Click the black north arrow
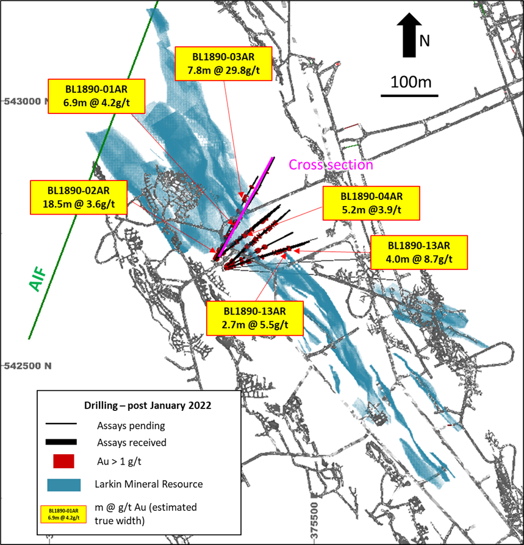(x=409, y=35)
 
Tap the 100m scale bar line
(x=409, y=95)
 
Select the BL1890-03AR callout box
(x=223, y=63)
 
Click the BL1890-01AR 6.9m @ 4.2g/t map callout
(x=96, y=96)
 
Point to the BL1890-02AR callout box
(x=79, y=197)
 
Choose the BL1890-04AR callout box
(x=371, y=203)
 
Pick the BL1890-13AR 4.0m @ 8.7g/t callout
(x=419, y=252)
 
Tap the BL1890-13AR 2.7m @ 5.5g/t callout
(x=255, y=318)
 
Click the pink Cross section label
(x=331, y=165)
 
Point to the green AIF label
(x=38, y=279)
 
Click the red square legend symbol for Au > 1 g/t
(x=63, y=461)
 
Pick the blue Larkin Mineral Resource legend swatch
(x=64, y=485)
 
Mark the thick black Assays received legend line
(x=61, y=442)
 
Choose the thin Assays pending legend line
(x=61, y=424)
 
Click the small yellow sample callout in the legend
(x=63, y=515)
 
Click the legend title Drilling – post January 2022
(x=148, y=405)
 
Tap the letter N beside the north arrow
(x=424, y=41)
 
